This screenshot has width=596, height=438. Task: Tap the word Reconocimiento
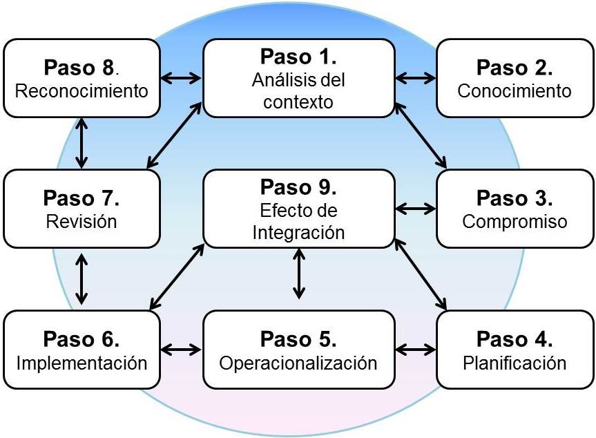pos(81,91)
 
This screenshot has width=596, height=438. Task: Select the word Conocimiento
pos(515,91)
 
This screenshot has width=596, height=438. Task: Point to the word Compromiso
pos(515,222)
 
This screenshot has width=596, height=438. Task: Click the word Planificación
pos(515,363)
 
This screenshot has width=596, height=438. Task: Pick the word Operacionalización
pos(298,363)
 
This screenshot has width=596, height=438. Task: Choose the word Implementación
pos(81,363)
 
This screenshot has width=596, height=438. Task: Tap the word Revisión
pos(81,222)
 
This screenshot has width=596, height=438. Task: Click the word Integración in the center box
pos(298,231)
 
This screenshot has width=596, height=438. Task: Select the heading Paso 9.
pos(298,187)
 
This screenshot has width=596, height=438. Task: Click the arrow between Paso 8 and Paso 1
pos(180,78)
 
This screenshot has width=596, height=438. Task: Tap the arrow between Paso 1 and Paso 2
pos(416,78)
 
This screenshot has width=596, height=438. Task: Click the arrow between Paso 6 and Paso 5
pos(180,349)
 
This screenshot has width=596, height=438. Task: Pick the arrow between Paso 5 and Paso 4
pos(416,349)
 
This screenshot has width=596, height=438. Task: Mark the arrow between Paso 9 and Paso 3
pos(416,208)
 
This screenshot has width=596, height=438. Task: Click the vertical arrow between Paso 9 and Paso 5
pos(298,274)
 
